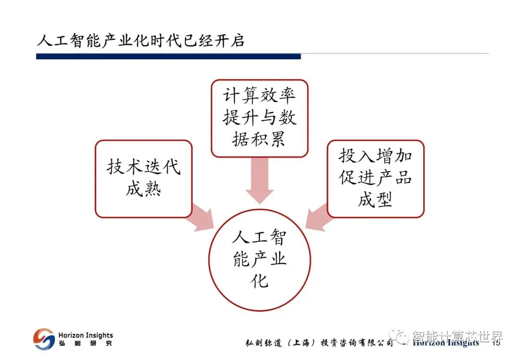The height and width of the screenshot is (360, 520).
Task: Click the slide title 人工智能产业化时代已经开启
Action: pyautogui.click(x=141, y=40)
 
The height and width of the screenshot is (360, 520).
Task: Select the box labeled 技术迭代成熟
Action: pyautogui.click(x=143, y=179)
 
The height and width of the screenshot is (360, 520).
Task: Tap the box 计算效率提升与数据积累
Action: pyautogui.click(x=259, y=118)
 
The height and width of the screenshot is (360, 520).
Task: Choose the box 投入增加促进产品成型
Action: pyautogui.click(x=376, y=179)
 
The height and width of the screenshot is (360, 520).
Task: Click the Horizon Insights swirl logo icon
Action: pyautogui.click(x=44, y=339)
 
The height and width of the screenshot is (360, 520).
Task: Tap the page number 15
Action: pyautogui.click(x=495, y=343)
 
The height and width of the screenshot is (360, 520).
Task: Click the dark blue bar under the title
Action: pyautogui.click(x=168, y=56)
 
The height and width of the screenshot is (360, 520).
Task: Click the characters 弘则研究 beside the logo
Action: pyautogui.click(x=85, y=344)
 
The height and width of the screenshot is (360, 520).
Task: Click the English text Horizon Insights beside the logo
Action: pyautogui.click(x=85, y=335)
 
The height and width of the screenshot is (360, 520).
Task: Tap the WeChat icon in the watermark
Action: pyautogui.click(x=399, y=335)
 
